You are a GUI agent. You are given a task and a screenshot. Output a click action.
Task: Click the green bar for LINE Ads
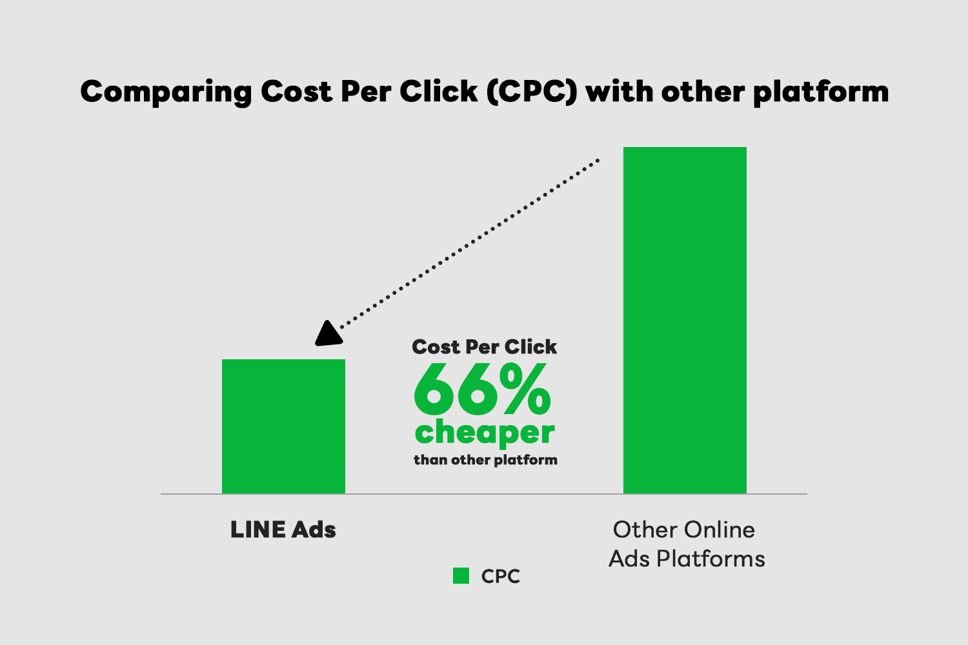click(x=283, y=426)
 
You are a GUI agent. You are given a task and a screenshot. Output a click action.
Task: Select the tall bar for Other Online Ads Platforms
click(x=685, y=320)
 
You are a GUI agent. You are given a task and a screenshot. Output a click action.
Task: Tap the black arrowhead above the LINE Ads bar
click(x=328, y=334)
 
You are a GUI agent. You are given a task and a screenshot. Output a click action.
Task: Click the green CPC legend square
click(x=461, y=576)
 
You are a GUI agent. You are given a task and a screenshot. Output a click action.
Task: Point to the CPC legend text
click(x=500, y=577)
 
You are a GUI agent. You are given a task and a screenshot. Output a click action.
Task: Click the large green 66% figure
click(x=482, y=389)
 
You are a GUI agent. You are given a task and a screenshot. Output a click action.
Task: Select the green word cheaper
click(x=485, y=432)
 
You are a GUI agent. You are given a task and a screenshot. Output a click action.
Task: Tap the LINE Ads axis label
click(x=283, y=530)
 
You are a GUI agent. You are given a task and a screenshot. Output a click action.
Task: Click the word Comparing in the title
click(x=165, y=92)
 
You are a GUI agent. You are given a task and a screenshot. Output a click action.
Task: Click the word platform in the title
click(x=821, y=92)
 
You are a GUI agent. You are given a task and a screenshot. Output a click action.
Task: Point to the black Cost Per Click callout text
click(x=485, y=347)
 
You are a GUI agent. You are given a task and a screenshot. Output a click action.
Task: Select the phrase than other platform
click(x=485, y=460)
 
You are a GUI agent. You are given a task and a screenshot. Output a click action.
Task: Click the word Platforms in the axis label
click(x=711, y=559)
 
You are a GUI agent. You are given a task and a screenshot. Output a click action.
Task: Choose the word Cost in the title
click(x=296, y=92)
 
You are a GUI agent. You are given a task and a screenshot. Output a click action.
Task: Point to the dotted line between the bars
click(x=469, y=244)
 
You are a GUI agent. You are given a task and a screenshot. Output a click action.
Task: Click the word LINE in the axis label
click(x=258, y=530)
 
